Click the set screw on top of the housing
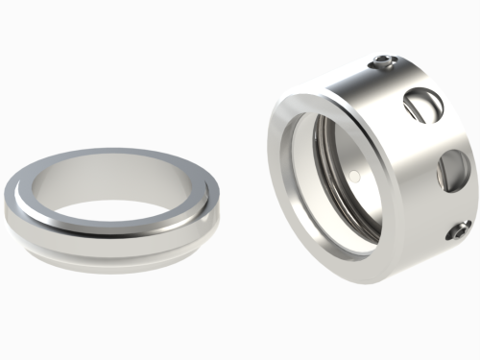(384, 64)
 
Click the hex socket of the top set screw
(384, 64)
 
